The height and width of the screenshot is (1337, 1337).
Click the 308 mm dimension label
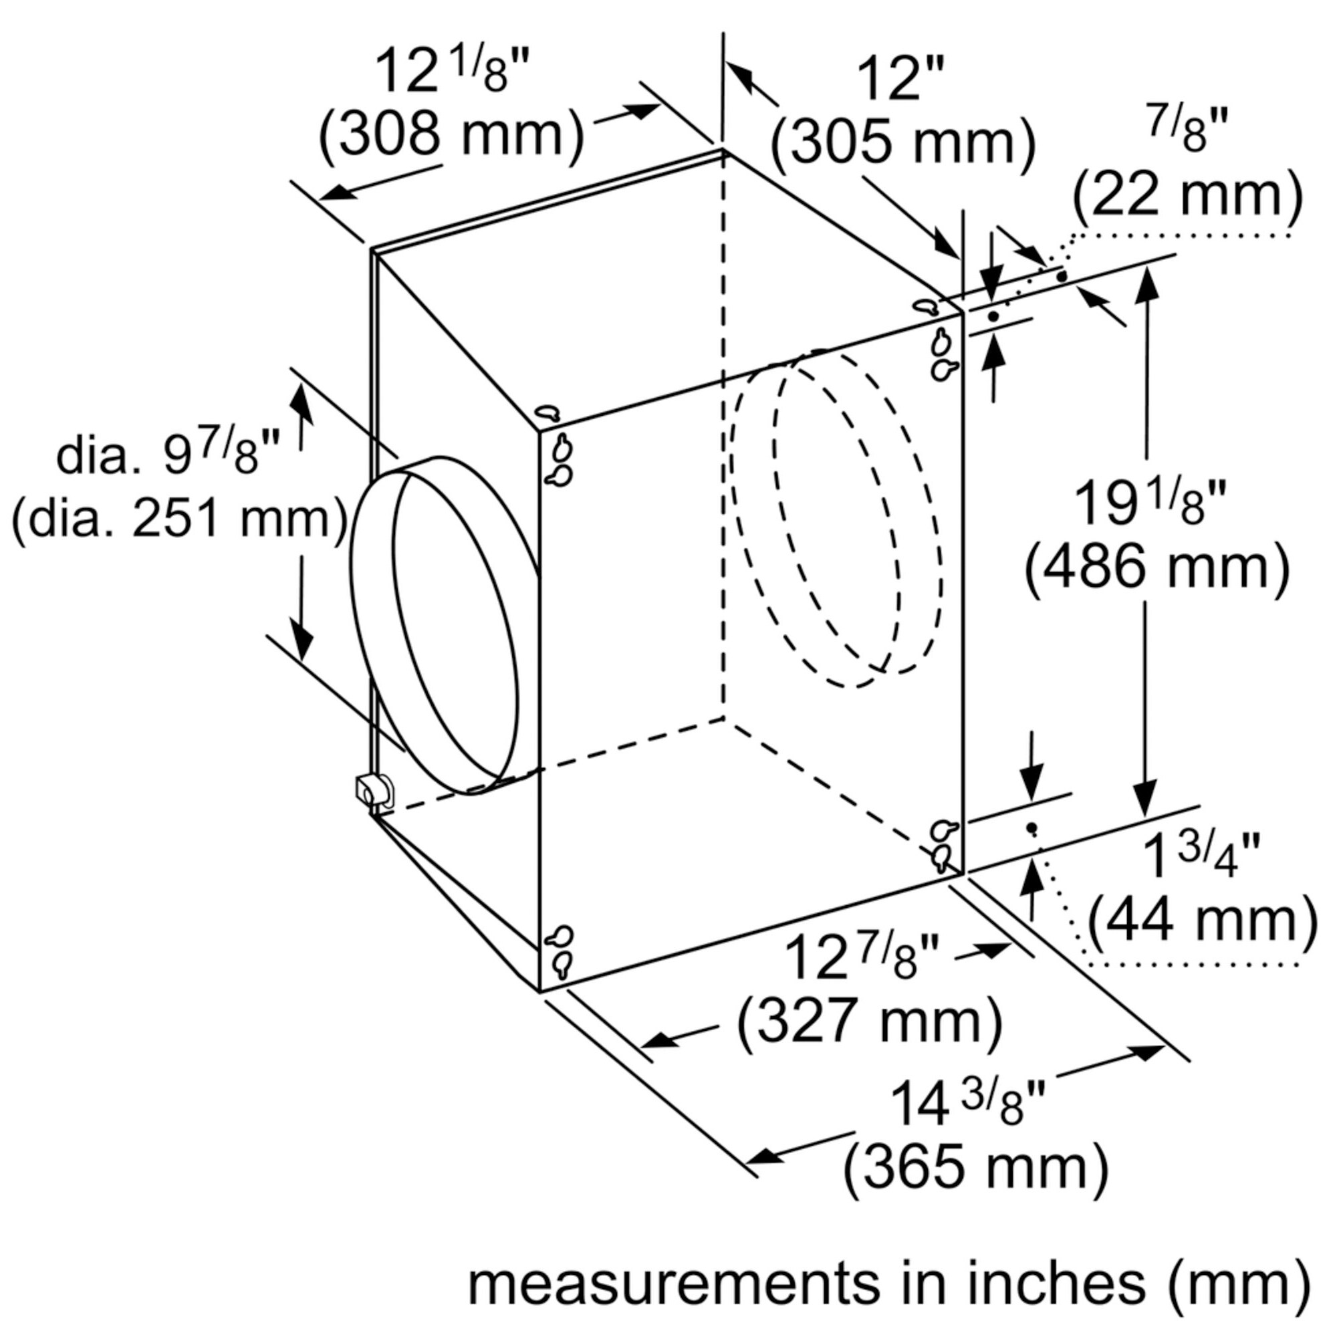[451, 136]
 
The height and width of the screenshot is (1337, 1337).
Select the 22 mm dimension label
[1187, 197]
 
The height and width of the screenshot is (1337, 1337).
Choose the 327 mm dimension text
[869, 1021]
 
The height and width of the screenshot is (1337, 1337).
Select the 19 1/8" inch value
[1148, 504]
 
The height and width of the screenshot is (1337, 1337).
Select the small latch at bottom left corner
[372, 790]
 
